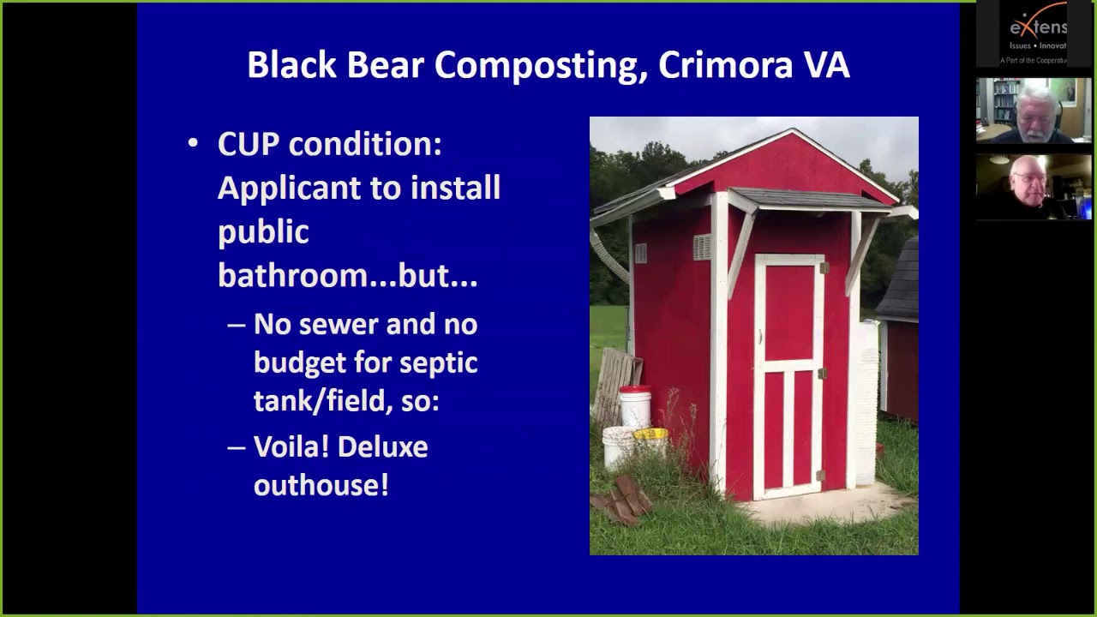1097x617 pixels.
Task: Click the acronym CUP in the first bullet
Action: (248, 144)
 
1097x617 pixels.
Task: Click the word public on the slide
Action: (263, 232)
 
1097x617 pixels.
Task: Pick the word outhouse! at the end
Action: (321, 485)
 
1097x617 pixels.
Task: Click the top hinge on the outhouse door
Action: (824, 268)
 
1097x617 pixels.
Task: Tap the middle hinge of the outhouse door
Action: (822, 374)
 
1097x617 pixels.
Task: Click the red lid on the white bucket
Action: (635, 391)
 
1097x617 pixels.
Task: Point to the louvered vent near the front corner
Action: (702, 247)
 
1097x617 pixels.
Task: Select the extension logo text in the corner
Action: (1038, 27)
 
